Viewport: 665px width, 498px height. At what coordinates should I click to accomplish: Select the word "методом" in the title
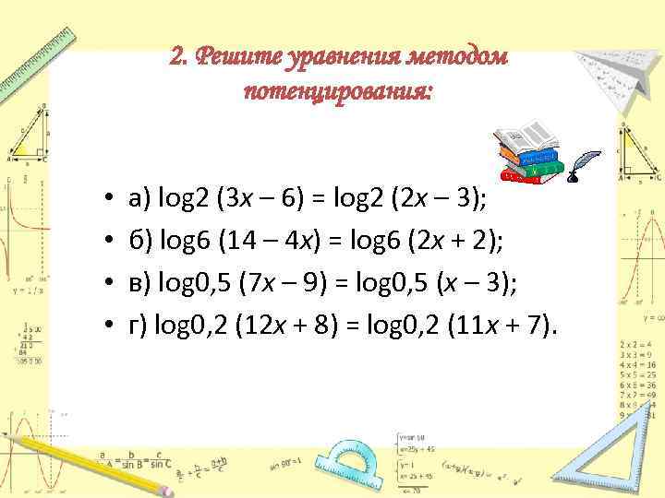pyautogui.click(x=459, y=57)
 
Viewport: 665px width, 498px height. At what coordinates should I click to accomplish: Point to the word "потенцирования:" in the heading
pyautogui.click(x=338, y=93)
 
